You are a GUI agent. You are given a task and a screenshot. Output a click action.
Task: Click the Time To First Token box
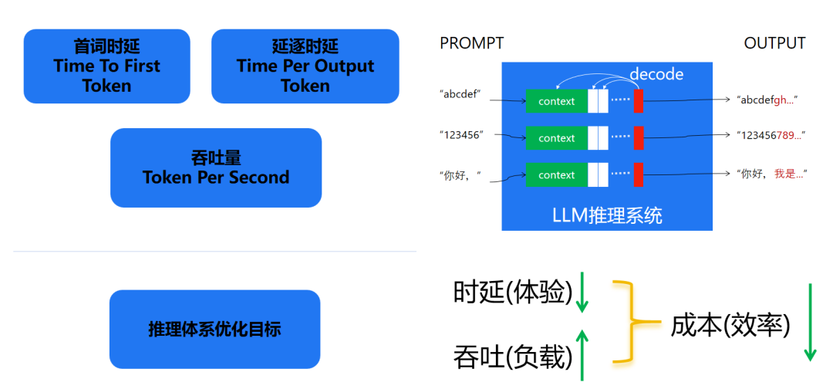(106, 66)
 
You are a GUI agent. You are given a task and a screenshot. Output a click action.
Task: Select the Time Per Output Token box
(305, 66)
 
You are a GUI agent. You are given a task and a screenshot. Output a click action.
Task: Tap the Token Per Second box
(216, 167)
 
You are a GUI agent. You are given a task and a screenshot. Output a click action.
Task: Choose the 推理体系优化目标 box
(214, 330)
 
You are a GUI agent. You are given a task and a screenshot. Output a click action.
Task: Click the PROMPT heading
(471, 43)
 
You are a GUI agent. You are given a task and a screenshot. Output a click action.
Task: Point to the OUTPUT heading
(774, 43)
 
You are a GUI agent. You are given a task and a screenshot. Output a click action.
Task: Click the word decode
(656, 73)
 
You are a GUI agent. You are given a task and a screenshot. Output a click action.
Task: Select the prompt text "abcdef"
(461, 95)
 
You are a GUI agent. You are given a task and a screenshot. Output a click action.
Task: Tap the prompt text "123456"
(461, 134)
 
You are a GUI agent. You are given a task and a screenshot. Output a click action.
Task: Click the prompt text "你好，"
(460, 174)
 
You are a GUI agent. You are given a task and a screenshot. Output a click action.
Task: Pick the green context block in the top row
(556, 101)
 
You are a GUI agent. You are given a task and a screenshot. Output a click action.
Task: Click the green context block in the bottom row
(556, 175)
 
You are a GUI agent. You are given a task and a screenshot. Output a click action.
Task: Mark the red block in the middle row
(638, 138)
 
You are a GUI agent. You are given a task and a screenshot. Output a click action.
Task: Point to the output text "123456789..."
(771, 135)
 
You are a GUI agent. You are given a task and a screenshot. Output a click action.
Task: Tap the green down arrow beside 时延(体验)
(582, 294)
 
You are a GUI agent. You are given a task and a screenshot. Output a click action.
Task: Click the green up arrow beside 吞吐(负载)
(582, 355)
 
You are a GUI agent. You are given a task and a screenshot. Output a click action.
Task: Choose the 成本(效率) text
(730, 325)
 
